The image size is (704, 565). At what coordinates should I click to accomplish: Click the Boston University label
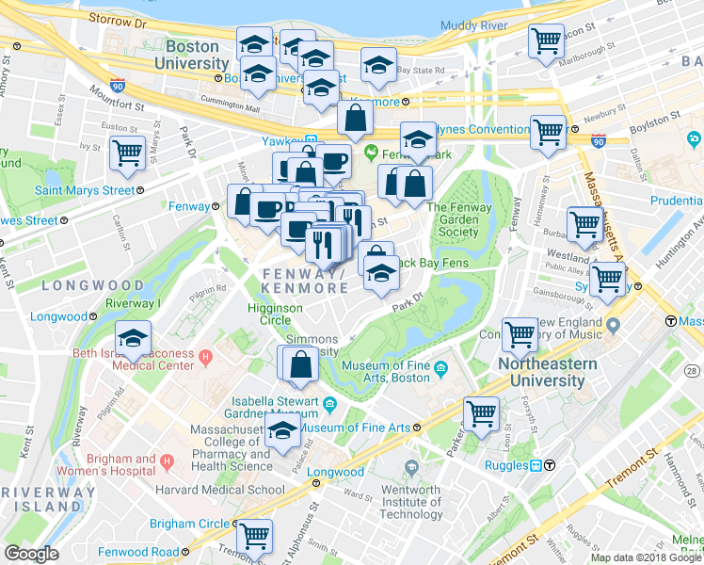(x=192, y=54)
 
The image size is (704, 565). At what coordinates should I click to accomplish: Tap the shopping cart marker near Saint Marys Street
(x=127, y=153)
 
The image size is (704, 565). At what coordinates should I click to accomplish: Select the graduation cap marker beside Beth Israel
(x=134, y=338)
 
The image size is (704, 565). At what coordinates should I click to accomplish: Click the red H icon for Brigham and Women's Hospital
(x=168, y=461)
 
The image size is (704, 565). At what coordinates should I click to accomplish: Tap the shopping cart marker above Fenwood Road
(x=254, y=536)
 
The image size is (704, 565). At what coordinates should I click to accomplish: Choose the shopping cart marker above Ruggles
(x=481, y=413)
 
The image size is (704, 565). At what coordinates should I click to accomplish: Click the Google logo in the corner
(x=31, y=554)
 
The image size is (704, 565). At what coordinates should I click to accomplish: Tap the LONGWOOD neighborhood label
(x=93, y=284)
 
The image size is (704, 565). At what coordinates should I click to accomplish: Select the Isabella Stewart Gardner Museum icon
(x=329, y=405)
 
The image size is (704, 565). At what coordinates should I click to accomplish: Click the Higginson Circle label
(x=275, y=314)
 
